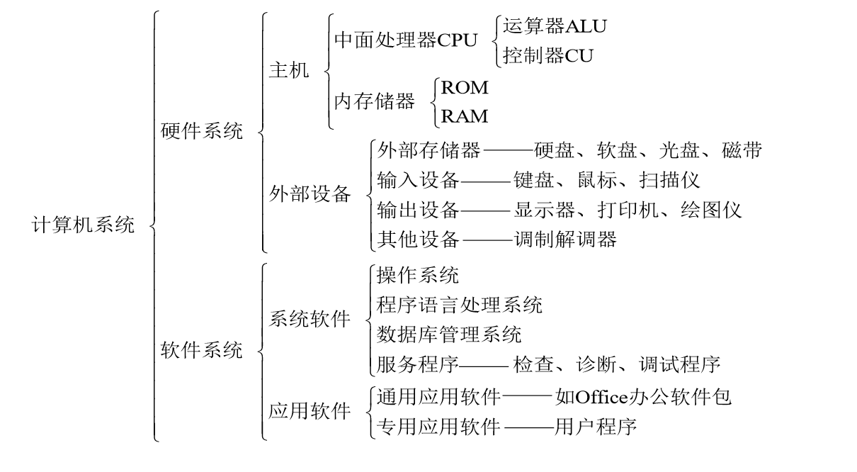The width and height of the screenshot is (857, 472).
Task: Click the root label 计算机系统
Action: pos(83,225)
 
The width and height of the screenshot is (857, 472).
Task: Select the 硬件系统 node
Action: pos(202,131)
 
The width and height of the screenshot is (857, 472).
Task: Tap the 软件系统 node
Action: pos(202,350)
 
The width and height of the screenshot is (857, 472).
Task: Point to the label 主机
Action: pos(289,70)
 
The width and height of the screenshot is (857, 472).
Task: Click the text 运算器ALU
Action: pos(555,26)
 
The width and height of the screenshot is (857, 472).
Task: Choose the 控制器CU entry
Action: pos(548,55)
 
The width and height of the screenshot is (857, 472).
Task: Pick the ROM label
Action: pos(465,88)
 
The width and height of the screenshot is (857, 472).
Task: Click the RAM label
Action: pos(465,116)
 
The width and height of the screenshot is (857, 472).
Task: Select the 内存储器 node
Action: pos(375,101)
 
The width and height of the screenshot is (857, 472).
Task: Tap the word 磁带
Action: pos(742,150)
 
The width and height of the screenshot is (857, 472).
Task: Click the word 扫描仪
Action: pos(669,180)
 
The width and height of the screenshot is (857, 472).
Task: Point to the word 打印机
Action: pos(628,210)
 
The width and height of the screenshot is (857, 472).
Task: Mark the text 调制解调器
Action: pos(565,240)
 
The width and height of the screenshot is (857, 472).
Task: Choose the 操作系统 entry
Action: pos(417,275)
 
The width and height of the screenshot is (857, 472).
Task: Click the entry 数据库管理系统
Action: pos(449,335)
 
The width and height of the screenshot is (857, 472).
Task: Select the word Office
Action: pos(601,398)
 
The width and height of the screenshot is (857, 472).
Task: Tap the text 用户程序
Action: pos(596,427)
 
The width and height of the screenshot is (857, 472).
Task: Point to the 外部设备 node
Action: pos(310,193)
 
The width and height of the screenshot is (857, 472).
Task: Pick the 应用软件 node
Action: pos(310,411)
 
